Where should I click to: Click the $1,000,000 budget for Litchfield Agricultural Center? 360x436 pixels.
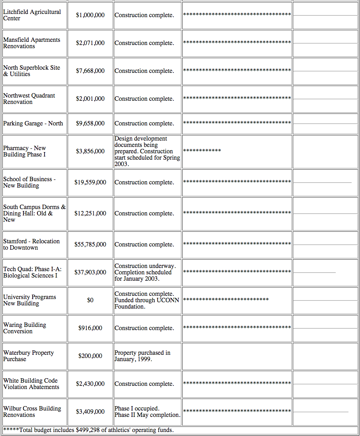90,15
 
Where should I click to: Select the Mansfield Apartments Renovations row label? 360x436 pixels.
32,43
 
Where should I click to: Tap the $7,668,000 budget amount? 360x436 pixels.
90,71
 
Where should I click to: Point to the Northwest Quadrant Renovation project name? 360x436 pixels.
29,99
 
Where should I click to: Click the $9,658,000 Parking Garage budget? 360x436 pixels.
90,123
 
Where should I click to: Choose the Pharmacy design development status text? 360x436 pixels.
147,151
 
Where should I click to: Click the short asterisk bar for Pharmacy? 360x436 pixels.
202,151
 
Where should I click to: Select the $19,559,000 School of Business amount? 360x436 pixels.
90,182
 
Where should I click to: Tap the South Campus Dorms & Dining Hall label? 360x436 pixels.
34,213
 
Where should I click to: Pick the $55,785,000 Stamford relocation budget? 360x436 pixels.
90,244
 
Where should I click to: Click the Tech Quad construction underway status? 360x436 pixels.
145,272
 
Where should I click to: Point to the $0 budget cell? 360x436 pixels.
90,300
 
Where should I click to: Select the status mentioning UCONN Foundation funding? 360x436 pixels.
147,300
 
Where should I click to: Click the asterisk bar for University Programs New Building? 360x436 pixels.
226,299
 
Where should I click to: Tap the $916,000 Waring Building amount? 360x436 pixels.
90,328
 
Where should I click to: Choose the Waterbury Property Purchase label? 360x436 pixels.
29,356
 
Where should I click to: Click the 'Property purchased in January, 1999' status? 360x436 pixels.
142,356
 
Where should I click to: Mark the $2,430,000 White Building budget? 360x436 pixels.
90,384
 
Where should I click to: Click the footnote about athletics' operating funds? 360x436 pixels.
88,430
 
